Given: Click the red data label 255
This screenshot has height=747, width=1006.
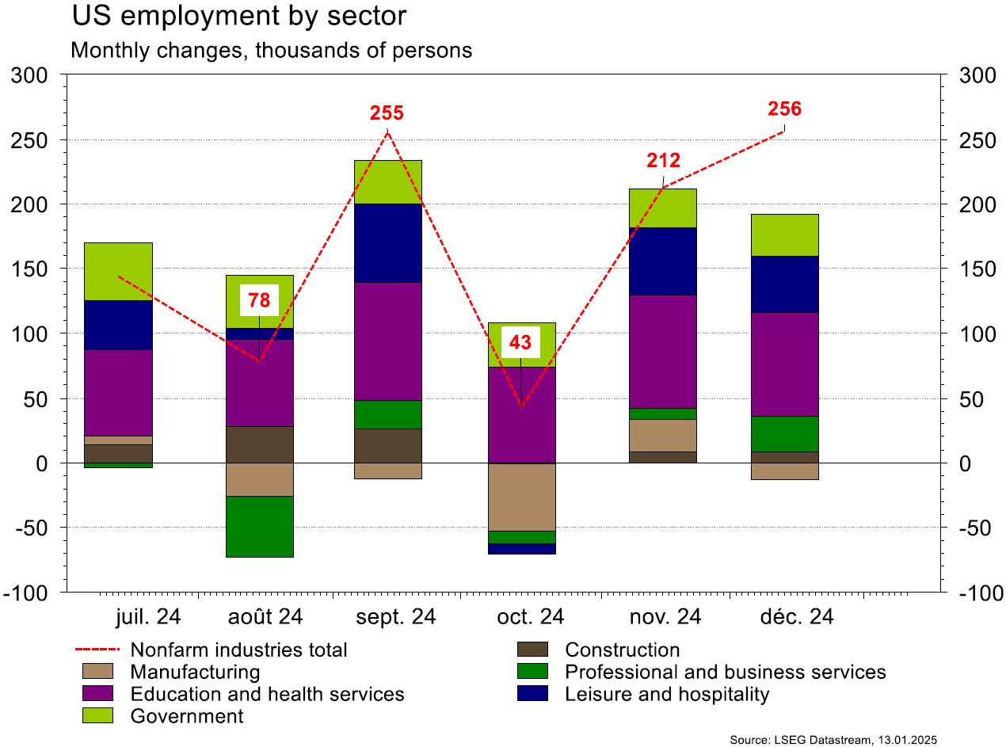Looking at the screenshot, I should point(387,113).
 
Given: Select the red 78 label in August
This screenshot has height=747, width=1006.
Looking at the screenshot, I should point(259,300).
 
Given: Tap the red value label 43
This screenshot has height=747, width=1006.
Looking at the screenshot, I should point(520,343).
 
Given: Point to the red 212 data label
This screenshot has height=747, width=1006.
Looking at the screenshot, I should point(663,161).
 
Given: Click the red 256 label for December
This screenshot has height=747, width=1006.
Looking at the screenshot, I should point(784,109).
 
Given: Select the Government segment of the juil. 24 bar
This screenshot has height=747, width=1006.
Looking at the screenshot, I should point(118,272).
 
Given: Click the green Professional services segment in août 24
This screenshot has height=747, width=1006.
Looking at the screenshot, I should point(259,527).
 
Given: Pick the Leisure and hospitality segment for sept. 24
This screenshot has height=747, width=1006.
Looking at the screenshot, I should point(387,243).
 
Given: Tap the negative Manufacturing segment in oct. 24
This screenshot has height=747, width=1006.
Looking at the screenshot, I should point(520,497).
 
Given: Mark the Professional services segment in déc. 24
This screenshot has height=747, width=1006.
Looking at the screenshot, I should point(784,433).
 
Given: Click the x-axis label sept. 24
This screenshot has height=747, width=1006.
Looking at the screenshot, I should point(396,617).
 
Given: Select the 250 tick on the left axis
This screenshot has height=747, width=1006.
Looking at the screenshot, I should point(32,140).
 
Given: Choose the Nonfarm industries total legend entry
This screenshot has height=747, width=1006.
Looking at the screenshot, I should point(238,650).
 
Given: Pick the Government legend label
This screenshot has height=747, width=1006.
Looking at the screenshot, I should point(186,717).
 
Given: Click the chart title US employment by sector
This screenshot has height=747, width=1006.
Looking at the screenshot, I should point(238,15).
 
